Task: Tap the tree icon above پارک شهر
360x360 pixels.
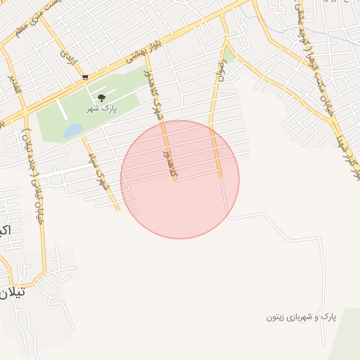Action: [101, 98]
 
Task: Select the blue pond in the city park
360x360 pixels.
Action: [72, 131]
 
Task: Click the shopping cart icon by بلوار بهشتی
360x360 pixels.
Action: [85, 77]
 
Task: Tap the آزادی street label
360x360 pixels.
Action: [67, 53]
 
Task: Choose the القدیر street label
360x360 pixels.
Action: [14, 85]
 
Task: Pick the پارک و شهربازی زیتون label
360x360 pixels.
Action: [301, 317]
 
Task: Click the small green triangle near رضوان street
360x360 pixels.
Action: [229, 55]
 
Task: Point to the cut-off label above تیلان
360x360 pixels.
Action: [4, 230]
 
